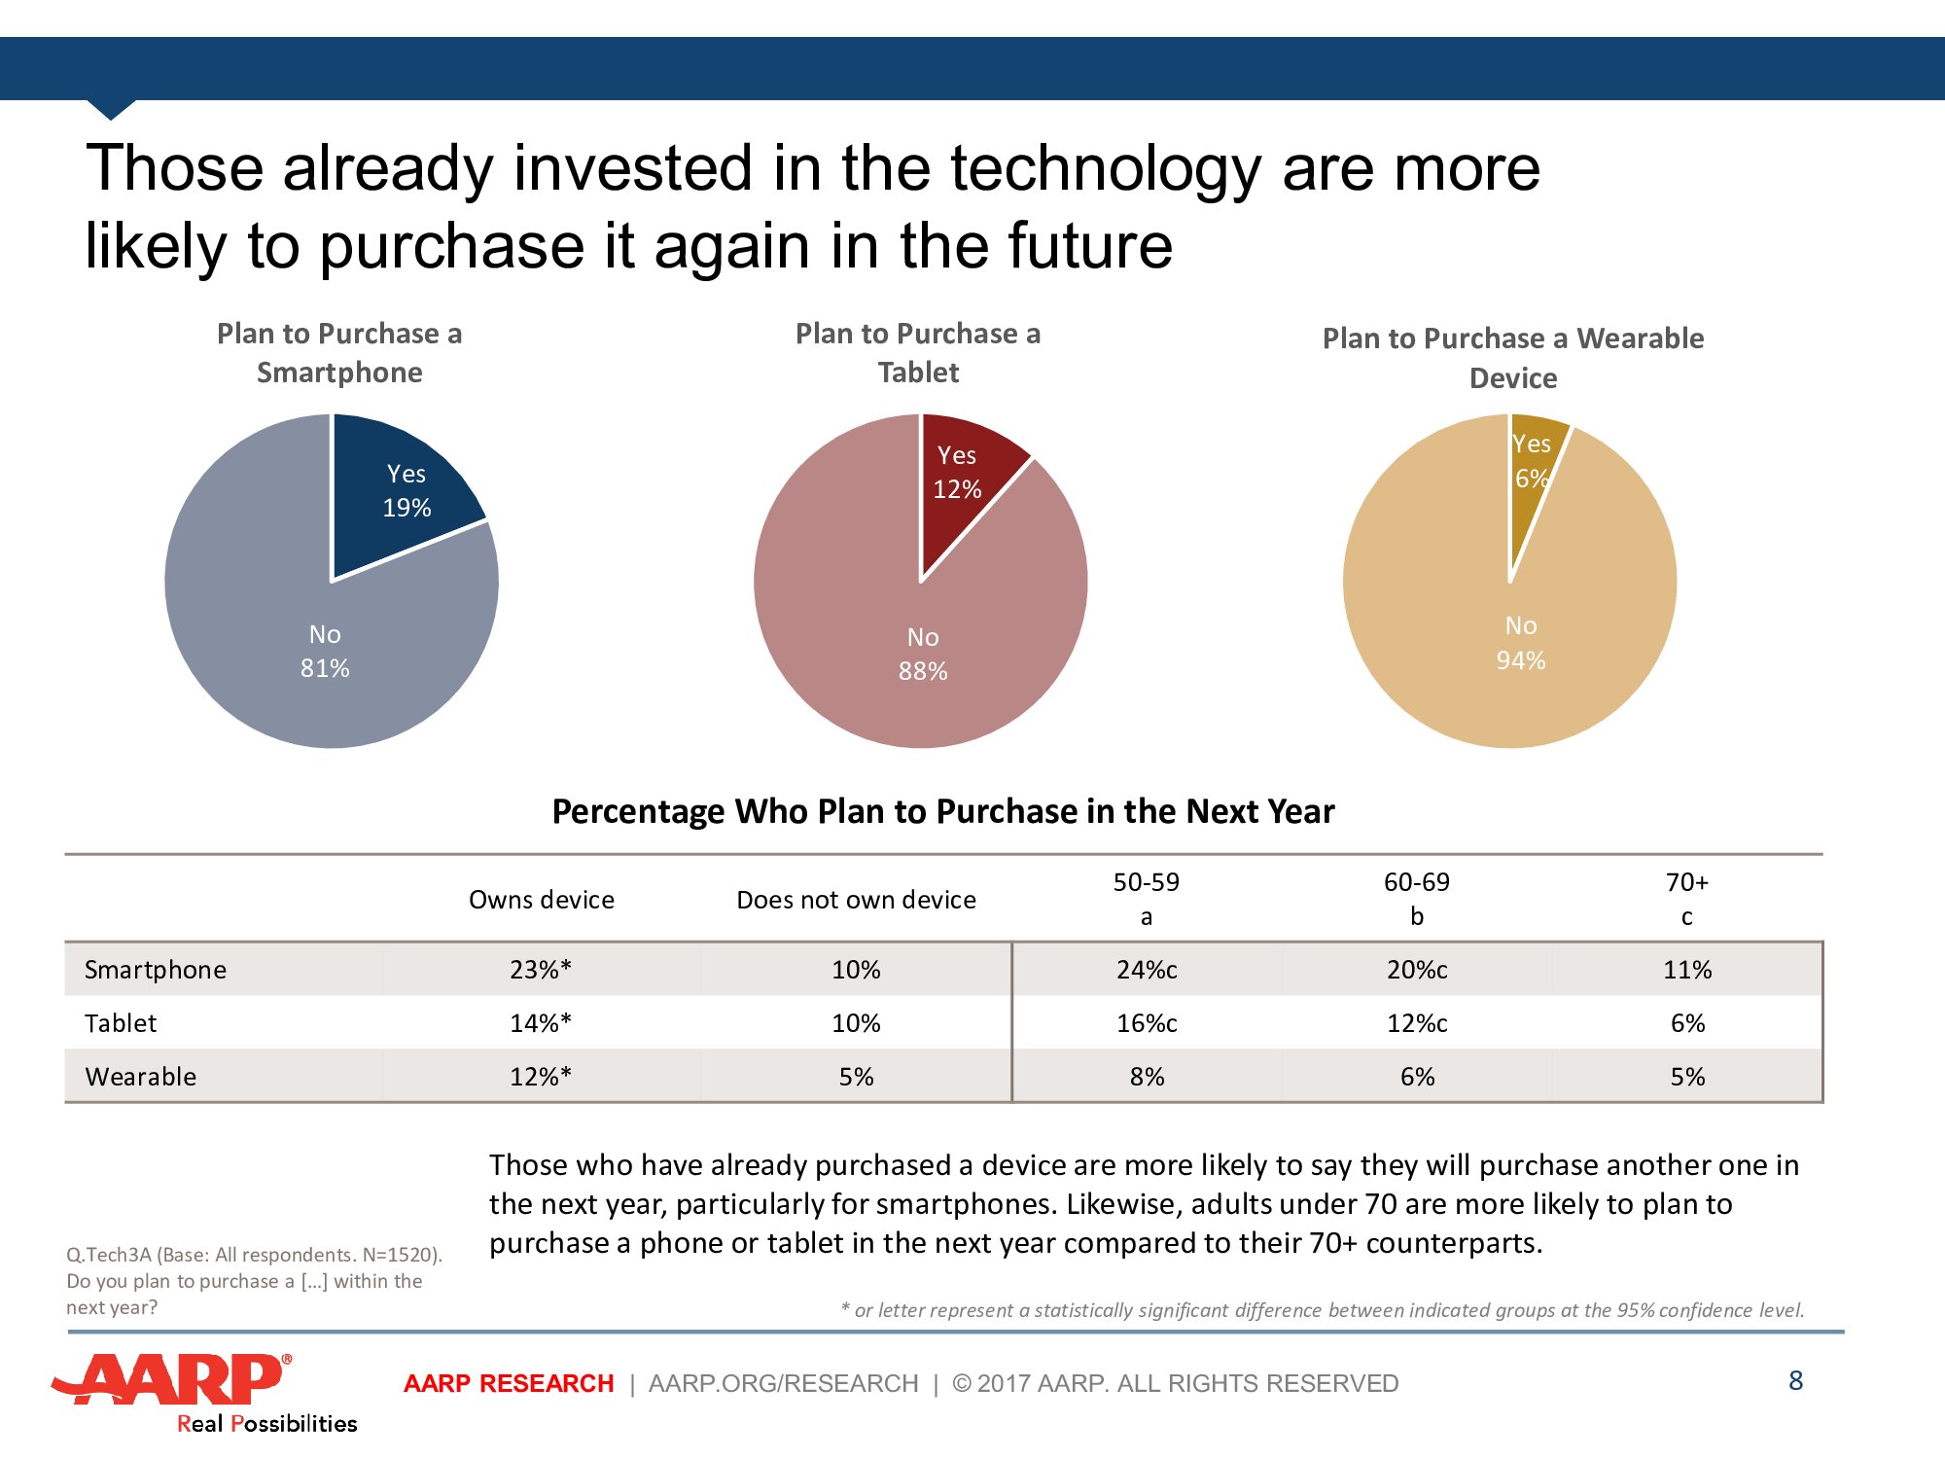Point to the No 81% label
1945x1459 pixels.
[x=325, y=651]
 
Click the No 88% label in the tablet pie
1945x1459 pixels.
[x=923, y=654]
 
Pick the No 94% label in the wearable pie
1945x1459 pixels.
[x=1521, y=643]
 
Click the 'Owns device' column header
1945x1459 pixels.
[x=542, y=900]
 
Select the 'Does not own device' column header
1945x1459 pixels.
[x=856, y=900]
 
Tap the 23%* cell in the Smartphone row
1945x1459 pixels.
[x=541, y=970]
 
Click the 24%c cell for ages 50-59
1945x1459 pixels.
[x=1147, y=970]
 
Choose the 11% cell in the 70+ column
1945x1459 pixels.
[x=1687, y=970]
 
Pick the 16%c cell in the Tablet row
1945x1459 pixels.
[x=1147, y=1023]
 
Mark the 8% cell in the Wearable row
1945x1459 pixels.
[x=1147, y=1077]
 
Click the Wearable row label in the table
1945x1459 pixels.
[x=141, y=1077]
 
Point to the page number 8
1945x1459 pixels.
[x=1795, y=1380]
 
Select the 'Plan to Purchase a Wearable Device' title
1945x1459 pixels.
[x=1513, y=358]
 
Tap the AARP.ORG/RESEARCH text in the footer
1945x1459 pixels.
[x=783, y=1383]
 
